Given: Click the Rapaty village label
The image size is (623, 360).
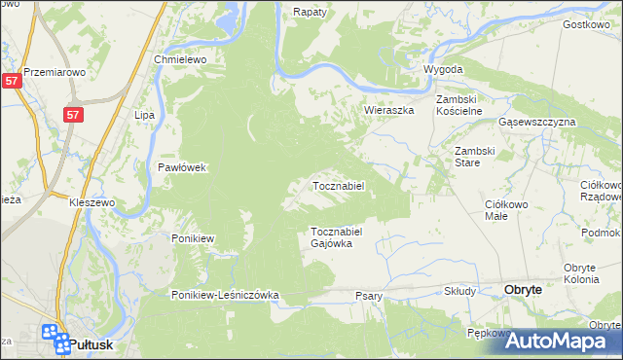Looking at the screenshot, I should tap(310, 13).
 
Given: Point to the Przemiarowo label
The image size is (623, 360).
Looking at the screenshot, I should tap(55, 72).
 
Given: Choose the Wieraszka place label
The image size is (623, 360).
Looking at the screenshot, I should tap(389, 111).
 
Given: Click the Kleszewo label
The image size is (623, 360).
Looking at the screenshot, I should tap(92, 202).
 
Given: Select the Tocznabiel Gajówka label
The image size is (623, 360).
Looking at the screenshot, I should tap(337, 237).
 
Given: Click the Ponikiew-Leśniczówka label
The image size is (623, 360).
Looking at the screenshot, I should tap(226, 295).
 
